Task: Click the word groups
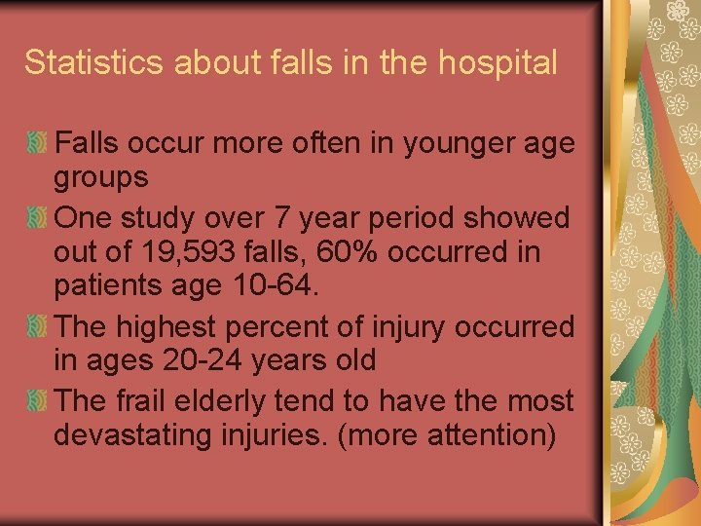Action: (x=101, y=178)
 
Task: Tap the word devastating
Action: (x=128, y=435)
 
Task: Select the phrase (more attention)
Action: (x=446, y=435)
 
